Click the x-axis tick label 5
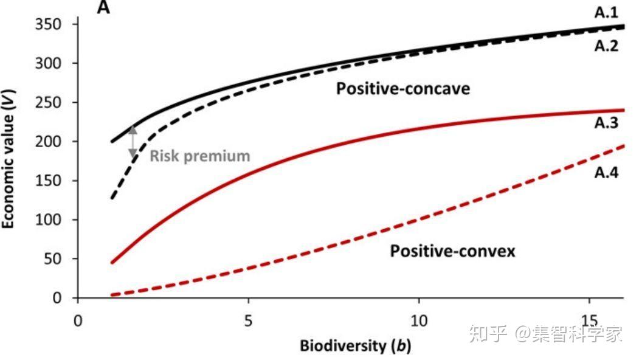point(248,320)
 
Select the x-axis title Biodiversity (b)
point(355,346)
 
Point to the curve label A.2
point(606,45)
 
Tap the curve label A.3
point(606,123)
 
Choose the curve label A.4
point(606,173)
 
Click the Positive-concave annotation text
point(403,89)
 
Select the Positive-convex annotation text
point(452,251)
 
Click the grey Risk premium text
point(200,156)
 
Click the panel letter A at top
point(103,9)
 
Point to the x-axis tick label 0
point(78,320)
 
